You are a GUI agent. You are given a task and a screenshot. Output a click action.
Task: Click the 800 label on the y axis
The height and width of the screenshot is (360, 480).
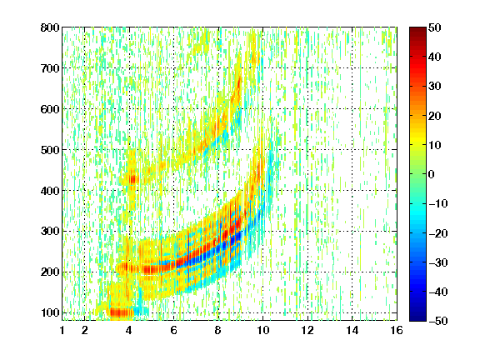tap(50, 27)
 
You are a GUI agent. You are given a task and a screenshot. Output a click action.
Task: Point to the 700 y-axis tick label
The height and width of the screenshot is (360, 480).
tap(50, 68)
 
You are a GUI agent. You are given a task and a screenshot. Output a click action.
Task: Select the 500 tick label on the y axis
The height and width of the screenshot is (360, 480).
tap(50, 150)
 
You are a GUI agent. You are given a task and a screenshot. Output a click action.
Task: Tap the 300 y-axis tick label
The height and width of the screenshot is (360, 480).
tap(50, 231)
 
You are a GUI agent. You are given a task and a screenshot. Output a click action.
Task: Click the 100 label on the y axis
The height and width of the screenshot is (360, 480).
tap(50, 312)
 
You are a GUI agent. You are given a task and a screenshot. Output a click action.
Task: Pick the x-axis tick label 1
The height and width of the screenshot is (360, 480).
tap(62, 330)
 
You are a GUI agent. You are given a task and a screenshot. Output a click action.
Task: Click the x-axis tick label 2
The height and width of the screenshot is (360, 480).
tap(85, 330)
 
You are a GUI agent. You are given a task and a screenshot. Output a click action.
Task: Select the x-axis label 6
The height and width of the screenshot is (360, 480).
tap(174, 330)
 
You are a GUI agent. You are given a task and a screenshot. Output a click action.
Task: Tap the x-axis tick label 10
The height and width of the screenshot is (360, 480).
tap(263, 330)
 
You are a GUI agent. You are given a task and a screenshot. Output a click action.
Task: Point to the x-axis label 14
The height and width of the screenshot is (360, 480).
tap(352, 330)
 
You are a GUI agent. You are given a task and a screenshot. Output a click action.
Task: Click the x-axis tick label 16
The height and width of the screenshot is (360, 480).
tap(397, 330)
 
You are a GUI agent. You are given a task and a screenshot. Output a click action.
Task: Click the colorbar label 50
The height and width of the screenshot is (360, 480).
tap(434, 27)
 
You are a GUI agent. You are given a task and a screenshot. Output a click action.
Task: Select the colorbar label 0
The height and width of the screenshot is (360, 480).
tap(432, 174)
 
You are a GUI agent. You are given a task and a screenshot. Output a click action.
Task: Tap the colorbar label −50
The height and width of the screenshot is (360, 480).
tap(437, 321)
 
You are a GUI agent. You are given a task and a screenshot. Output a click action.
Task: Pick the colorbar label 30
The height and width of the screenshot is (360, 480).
tap(434, 87)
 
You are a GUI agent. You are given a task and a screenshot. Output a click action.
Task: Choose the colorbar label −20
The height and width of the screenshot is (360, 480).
tap(437, 233)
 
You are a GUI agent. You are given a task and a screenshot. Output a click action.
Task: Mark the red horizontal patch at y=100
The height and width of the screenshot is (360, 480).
tap(122, 312)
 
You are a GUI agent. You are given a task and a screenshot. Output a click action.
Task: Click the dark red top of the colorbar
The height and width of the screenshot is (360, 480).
tap(417, 32)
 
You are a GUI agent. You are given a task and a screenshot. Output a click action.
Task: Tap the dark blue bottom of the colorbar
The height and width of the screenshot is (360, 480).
tap(417, 315)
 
